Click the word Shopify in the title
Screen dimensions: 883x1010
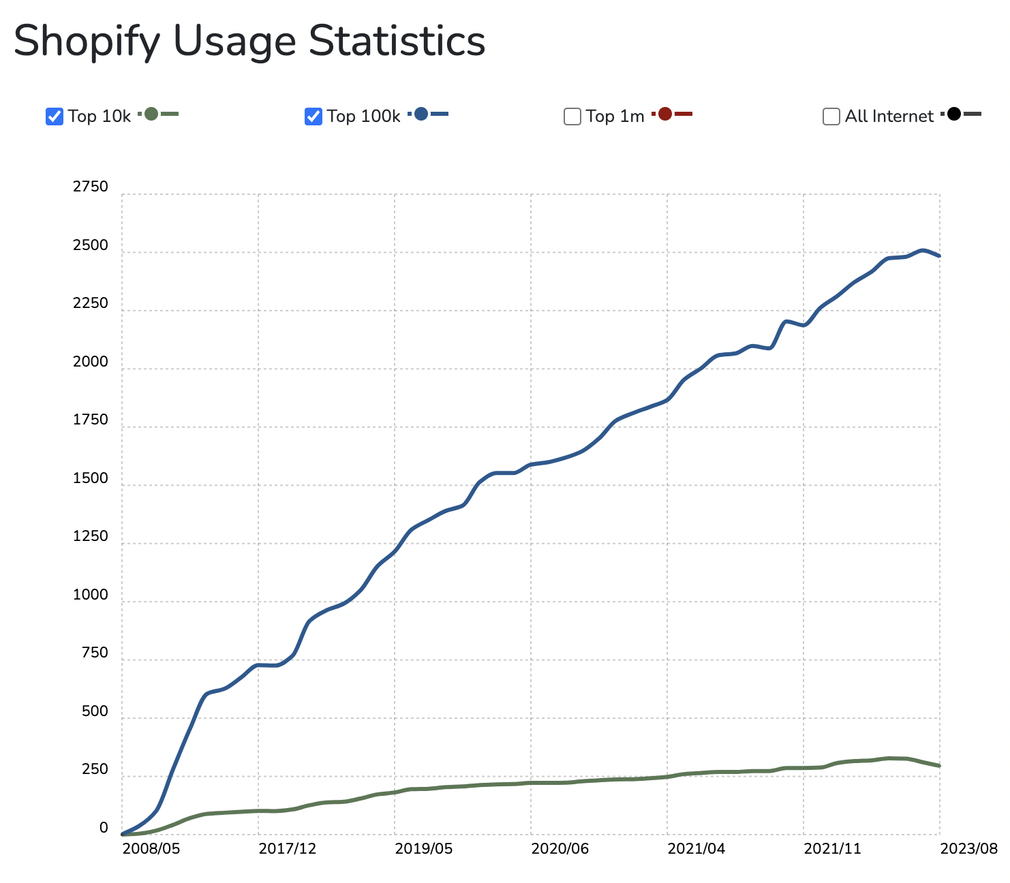(x=87, y=42)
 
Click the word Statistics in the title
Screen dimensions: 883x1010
(x=397, y=41)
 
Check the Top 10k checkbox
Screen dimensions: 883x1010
(x=55, y=117)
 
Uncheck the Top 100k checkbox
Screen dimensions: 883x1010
(x=313, y=117)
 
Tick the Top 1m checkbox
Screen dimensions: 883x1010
(x=572, y=117)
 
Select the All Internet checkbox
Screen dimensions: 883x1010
(x=831, y=117)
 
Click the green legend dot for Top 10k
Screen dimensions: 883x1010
(x=151, y=114)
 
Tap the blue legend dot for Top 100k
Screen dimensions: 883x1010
(x=421, y=114)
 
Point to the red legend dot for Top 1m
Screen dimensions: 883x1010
(x=665, y=114)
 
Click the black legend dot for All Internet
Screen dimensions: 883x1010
(x=954, y=114)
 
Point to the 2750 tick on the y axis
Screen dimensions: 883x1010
(x=91, y=187)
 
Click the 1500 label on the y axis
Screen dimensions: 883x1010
(x=91, y=478)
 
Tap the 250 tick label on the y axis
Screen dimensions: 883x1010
(x=95, y=769)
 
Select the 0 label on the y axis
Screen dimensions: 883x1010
(x=104, y=828)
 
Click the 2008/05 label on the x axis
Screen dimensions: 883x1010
(x=151, y=848)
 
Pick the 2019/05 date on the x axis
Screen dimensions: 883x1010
(x=424, y=848)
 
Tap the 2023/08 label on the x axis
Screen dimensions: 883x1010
(x=969, y=848)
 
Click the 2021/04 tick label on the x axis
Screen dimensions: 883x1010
(x=697, y=848)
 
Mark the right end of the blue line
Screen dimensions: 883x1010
(x=939, y=255)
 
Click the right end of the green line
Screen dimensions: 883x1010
(x=939, y=766)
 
